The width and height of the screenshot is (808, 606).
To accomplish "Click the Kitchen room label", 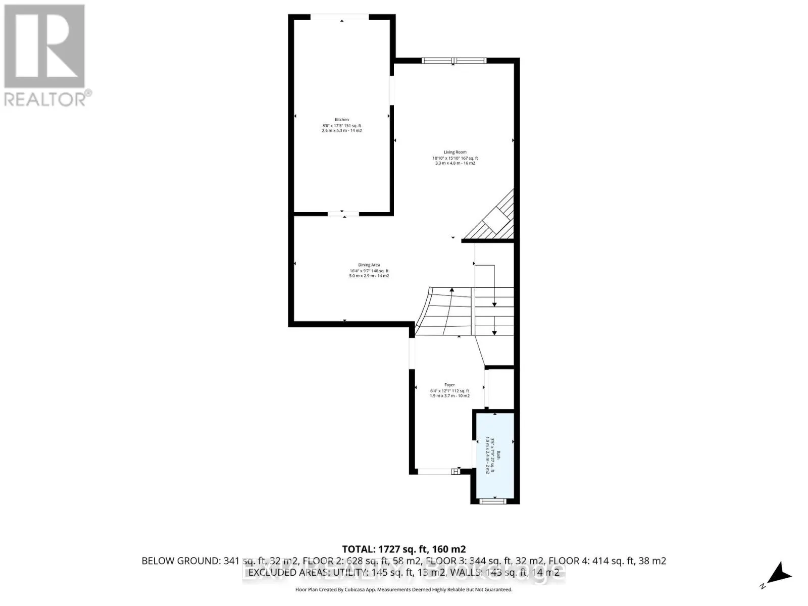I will click(342, 120).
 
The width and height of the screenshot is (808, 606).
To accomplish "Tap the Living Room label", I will click(455, 152).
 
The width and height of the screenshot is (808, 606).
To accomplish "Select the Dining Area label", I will click(369, 265).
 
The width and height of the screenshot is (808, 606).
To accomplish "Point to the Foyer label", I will click(449, 385).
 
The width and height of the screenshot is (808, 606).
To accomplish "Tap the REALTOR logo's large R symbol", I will click(44, 46).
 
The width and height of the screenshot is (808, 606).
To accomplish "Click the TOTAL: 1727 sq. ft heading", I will click(403, 549).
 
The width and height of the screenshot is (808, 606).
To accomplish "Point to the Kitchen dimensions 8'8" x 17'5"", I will click(342, 126).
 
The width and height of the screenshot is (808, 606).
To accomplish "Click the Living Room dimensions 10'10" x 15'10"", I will click(455, 158).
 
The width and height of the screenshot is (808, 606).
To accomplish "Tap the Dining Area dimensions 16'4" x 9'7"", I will click(369, 271).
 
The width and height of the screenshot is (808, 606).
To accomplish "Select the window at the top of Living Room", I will click(454, 61).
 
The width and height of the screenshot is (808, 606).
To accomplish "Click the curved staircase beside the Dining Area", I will click(444, 311).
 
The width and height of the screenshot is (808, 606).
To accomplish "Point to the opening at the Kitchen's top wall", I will click(339, 17).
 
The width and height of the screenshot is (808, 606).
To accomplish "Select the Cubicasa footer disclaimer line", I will click(403, 589).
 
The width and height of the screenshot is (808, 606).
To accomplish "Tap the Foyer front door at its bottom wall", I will click(437, 471).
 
